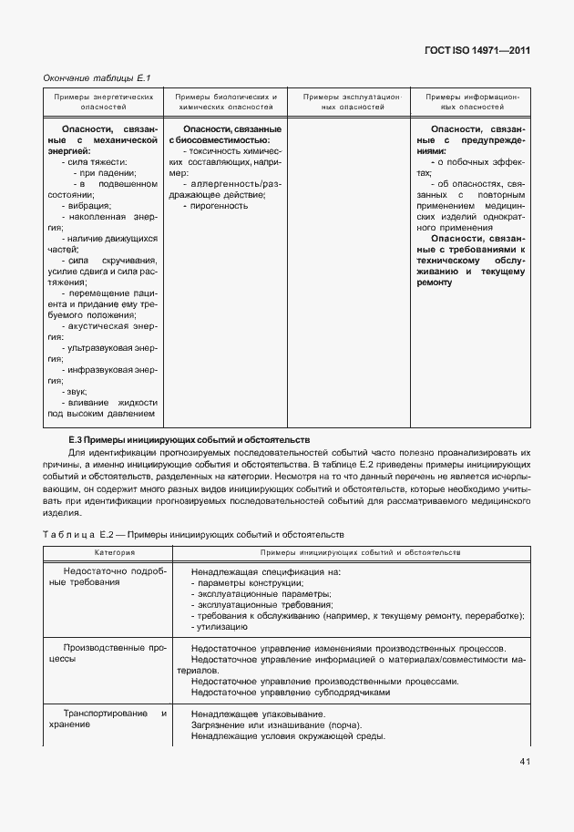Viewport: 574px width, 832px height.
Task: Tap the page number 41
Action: [525, 761]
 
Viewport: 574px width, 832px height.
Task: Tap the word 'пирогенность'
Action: [220, 206]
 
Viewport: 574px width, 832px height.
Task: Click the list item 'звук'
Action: [77, 391]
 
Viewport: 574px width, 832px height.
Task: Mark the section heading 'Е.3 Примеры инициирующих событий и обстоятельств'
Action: [190, 438]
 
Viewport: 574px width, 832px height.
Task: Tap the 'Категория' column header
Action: [106, 553]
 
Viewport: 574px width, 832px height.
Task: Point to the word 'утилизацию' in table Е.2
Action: [220, 628]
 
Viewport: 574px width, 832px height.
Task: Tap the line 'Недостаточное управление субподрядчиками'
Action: [291, 692]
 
